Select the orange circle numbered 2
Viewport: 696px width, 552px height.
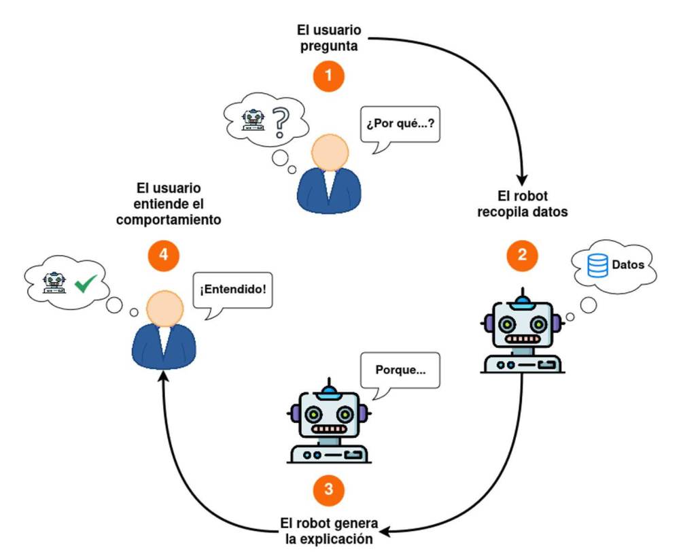(x=522, y=255)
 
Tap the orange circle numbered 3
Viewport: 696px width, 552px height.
(x=329, y=489)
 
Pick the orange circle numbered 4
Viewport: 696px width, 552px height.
(x=163, y=255)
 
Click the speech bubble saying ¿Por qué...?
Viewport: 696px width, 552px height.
(x=398, y=125)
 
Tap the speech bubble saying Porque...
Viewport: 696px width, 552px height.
(x=400, y=371)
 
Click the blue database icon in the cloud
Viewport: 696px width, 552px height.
(x=597, y=265)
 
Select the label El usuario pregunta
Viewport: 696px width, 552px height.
(x=329, y=39)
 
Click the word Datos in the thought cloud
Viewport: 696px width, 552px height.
(x=628, y=265)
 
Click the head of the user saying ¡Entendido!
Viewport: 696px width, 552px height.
(x=163, y=309)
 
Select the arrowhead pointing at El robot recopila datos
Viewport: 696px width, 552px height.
(x=522, y=179)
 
